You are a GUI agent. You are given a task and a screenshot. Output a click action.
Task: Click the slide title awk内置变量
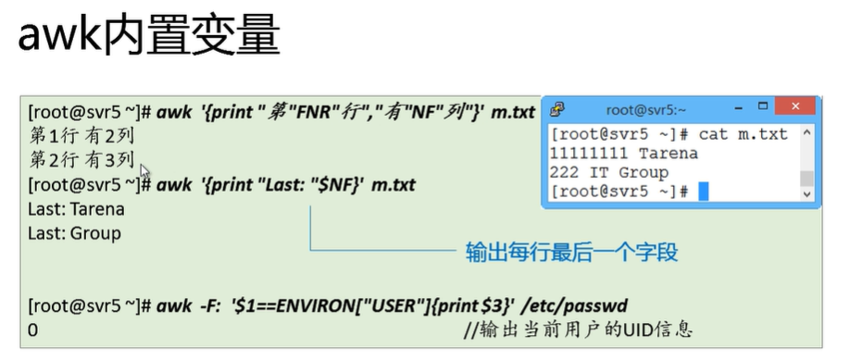[x=148, y=35]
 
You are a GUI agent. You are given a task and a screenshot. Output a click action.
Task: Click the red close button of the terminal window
[x=794, y=106]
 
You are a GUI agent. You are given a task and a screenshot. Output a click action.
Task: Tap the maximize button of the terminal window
[x=763, y=106]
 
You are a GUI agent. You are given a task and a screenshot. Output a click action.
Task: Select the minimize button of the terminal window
[x=739, y=108]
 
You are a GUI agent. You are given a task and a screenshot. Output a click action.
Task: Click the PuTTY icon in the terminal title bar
[x=556, y=109]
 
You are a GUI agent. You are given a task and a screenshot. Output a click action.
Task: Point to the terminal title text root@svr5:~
[x=646, y=110]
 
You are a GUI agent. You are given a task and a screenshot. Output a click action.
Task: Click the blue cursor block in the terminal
[x=703, y=192]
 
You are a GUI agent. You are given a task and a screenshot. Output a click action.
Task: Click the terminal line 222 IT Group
[x=609, y=173]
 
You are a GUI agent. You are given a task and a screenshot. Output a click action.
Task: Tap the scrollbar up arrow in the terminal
[x=807, y=132]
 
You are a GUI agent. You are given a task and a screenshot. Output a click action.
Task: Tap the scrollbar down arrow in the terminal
[x=807, y=193]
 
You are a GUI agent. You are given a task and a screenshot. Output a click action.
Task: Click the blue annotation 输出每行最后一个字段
[x=571, y=252]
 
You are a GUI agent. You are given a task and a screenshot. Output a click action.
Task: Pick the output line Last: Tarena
[x=77, y=209]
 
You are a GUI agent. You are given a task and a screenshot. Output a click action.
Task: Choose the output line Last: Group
[x=75, y=233]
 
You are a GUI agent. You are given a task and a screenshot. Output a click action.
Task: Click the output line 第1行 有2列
[x=81, y=136]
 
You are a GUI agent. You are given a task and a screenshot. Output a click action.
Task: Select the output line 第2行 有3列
[x=81, y=159]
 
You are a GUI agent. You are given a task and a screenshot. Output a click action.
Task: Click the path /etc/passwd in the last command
[x=573, y=305]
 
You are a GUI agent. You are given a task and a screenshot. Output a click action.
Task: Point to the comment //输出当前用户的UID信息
[x=578, y=329]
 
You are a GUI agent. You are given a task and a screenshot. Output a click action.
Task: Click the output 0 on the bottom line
[x=33, y=329]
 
